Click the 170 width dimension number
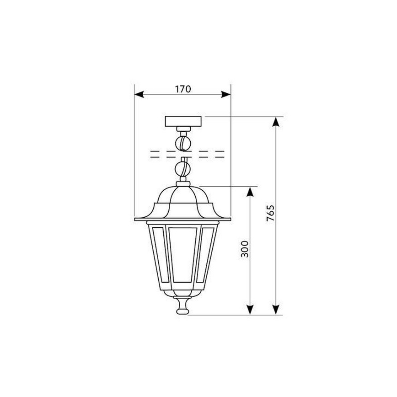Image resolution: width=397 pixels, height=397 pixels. pyautogui.click(x=182, y=89)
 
